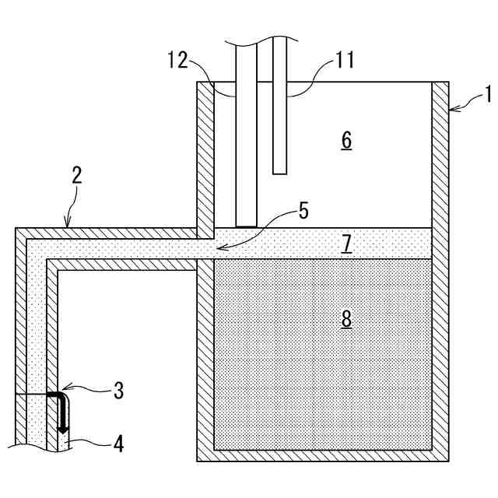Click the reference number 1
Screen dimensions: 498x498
click(x=488, y=96)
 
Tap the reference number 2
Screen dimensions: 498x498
click(x=77, y=174)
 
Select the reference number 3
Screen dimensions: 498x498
click(x=117, y=391)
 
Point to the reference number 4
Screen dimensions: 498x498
click(x=117, y=445)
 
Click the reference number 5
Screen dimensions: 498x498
click(x=303, y=209)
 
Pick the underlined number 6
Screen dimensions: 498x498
click(x=346, y=141)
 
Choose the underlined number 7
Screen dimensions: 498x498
click(x=346, y=244)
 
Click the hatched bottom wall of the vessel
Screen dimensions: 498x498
click(x=322, y=456)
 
